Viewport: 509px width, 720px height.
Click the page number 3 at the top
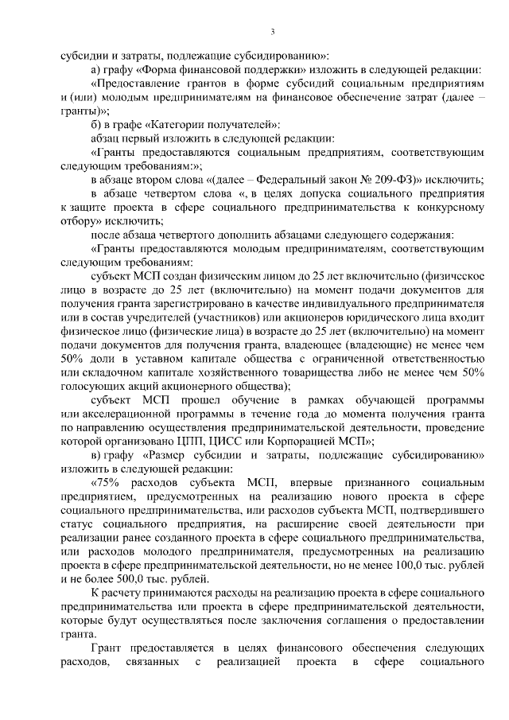(272, 32)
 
